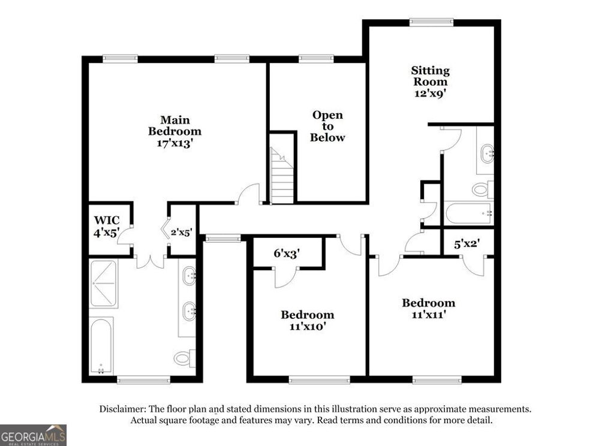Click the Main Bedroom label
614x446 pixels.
(174, 131)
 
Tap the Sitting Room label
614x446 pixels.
(430, 82)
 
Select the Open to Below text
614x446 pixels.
(327, 126)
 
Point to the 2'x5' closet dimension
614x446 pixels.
(181, 232)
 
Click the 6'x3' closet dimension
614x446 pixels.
(287, 254)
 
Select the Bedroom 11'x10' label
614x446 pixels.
(308, 320)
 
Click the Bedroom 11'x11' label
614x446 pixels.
(428, 308)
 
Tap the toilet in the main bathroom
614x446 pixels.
(183, 358)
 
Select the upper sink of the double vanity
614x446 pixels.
(189, 276)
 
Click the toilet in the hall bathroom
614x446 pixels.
(481, 189)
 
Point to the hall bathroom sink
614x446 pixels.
(486, 153)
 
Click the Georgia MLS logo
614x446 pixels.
(33, 435)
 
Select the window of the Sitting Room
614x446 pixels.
(431, 23)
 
